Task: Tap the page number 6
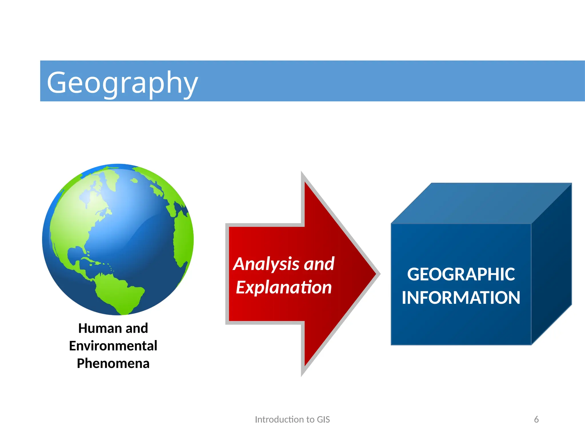(536, 419)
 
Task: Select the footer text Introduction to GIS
(292, 419)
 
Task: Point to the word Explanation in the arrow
(284, 287)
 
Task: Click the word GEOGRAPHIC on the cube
(461, 274)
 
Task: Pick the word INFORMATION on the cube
(461, 298)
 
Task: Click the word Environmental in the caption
(113, 346)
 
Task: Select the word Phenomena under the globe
(113, 364)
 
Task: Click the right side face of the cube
(551, 266)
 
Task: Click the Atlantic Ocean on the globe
(137, 237)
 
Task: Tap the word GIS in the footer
(323, 419)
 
